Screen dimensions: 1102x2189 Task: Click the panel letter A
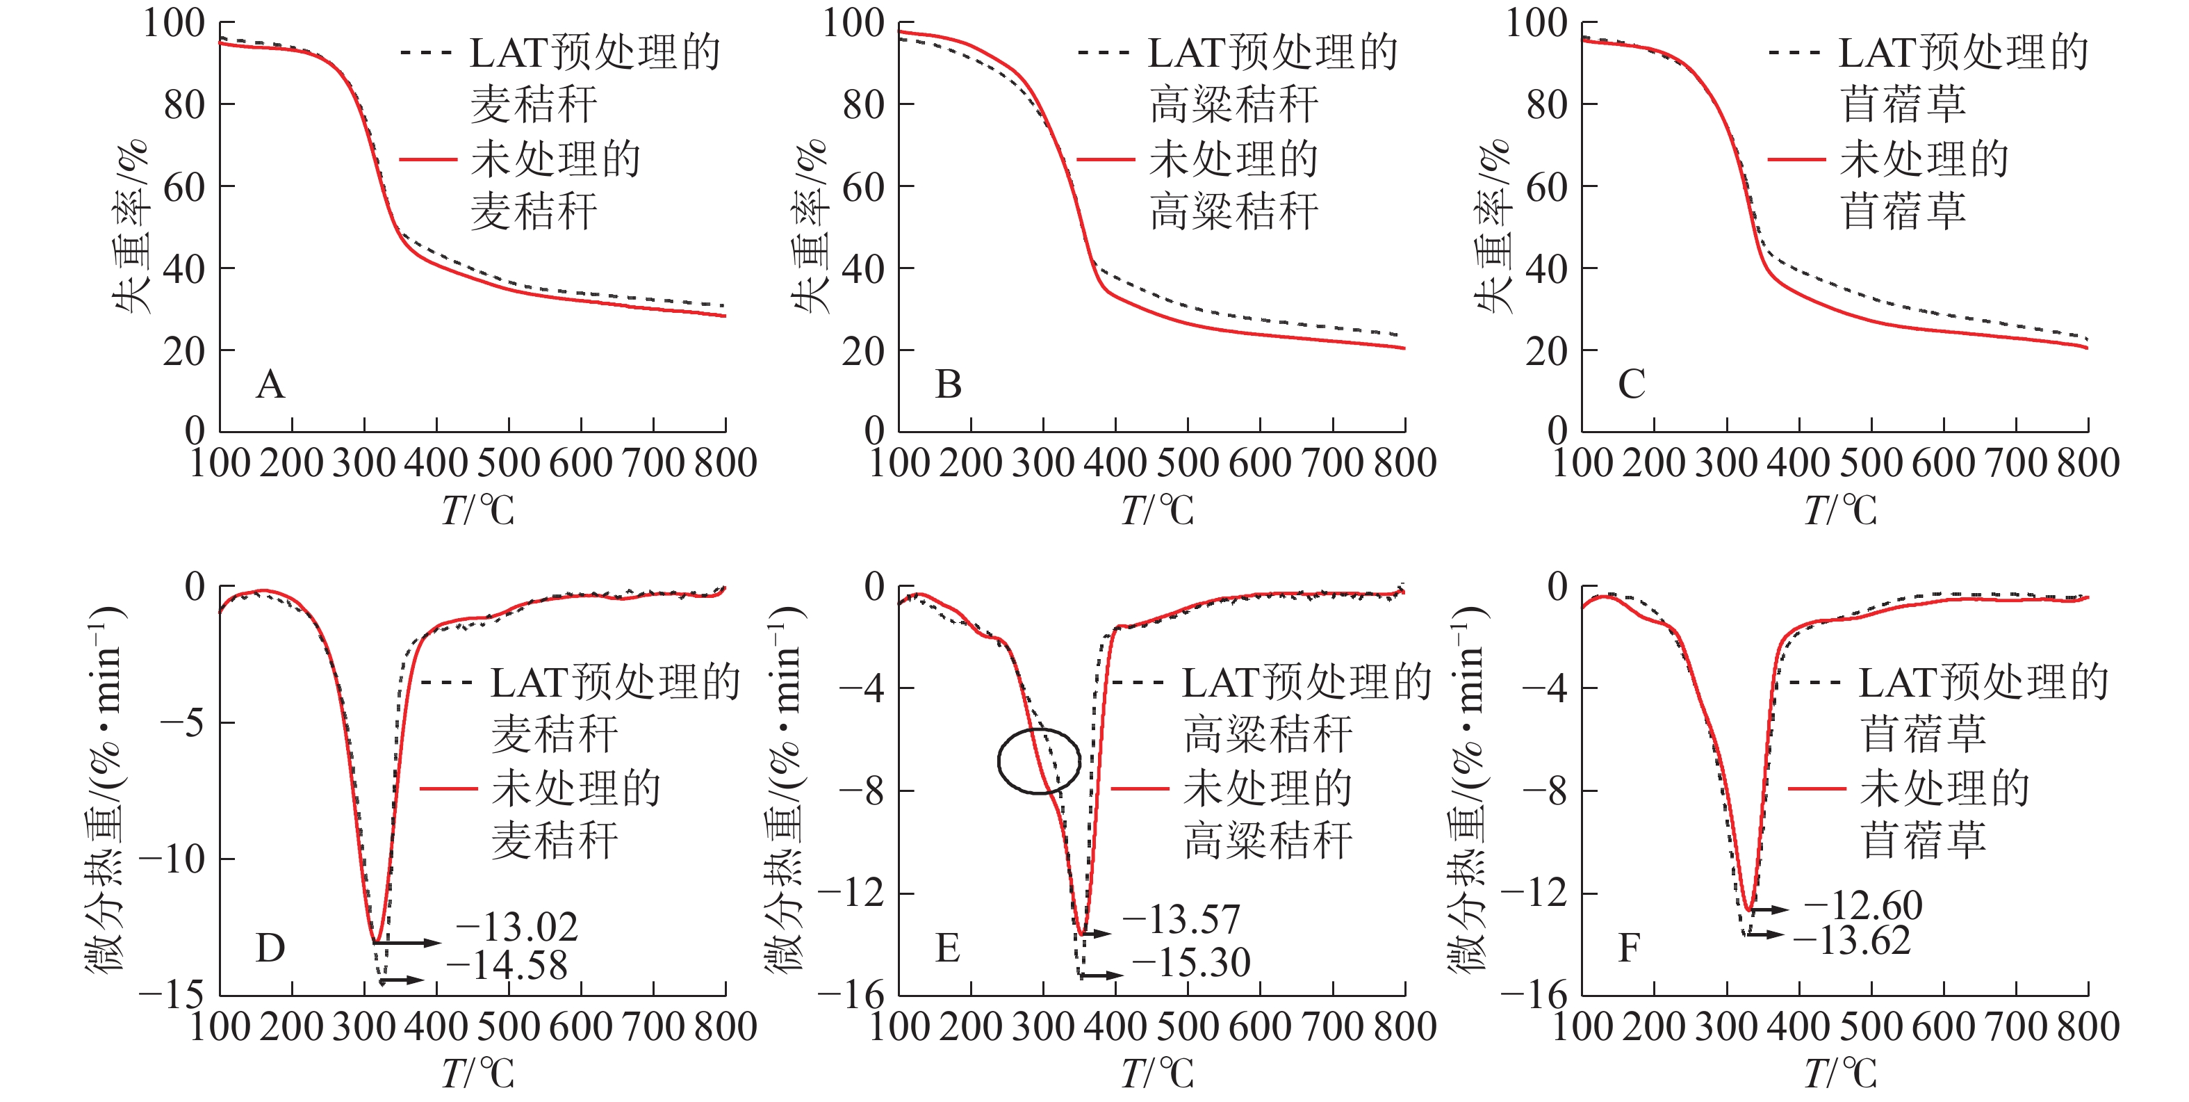click(270, 384)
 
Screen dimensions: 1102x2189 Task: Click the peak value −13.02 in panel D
click(518, 927)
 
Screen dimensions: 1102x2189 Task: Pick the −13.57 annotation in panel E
click(1181, 919)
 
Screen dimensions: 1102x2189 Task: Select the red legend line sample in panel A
click(427, 159)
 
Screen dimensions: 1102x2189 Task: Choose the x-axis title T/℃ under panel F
click(1839, 1073)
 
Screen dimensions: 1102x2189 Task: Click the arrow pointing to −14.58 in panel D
click(403, 980)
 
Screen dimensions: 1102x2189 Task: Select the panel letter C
click(1631, 384)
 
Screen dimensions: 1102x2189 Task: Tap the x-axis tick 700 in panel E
click(1332, 1027)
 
